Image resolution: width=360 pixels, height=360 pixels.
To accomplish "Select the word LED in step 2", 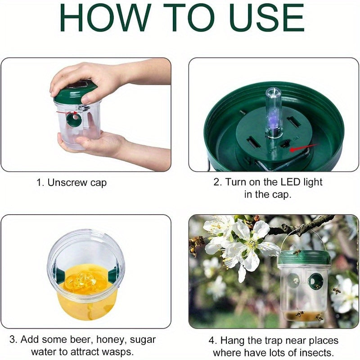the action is point(290,182).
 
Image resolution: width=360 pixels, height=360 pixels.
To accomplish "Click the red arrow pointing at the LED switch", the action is point(303,148).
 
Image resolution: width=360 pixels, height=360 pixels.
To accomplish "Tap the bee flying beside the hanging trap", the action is point(337,291).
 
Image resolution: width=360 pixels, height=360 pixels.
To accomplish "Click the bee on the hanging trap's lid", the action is point(297,252).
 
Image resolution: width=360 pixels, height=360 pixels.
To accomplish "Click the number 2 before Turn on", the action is point(217,182).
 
